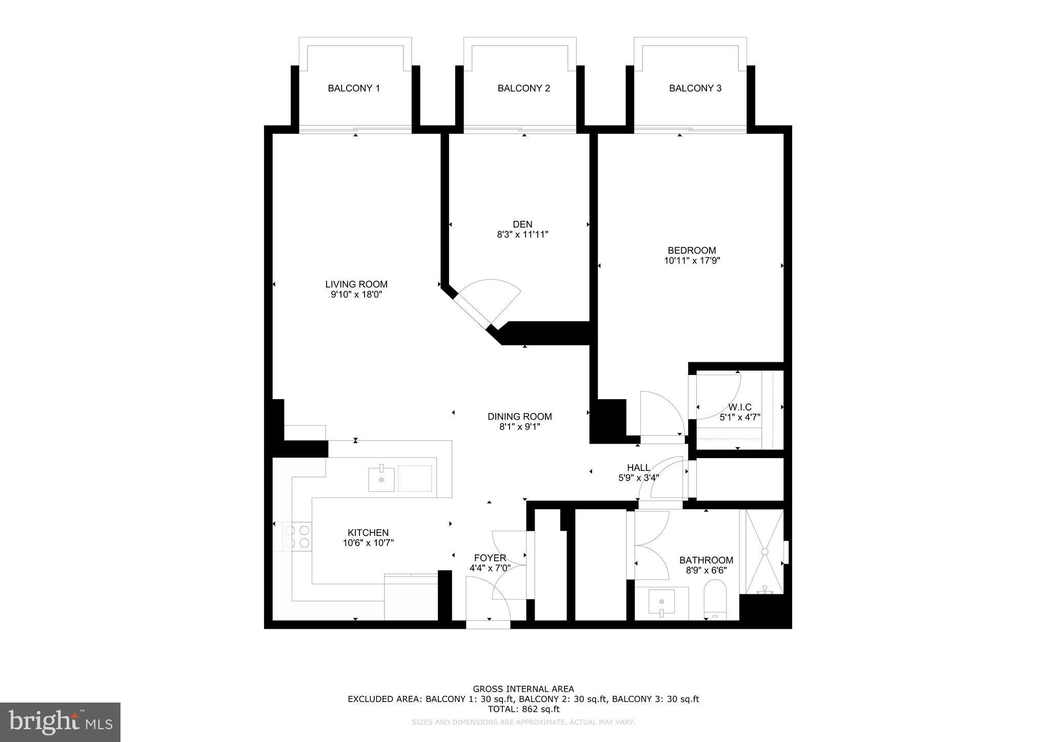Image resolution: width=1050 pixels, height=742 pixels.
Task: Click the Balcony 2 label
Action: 523,88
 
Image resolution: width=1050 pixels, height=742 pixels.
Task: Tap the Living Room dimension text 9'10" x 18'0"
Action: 356,295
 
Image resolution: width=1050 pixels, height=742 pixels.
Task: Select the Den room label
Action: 522,224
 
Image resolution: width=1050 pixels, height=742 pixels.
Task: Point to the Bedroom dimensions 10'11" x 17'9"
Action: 692,260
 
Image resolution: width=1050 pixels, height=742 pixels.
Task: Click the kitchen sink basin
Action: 381,479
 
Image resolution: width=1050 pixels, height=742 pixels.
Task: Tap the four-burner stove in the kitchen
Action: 297,537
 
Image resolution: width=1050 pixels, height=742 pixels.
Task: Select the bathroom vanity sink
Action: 661,602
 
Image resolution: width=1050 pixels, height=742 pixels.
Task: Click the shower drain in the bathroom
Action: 764,551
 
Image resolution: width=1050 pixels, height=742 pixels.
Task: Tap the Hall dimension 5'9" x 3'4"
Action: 638,478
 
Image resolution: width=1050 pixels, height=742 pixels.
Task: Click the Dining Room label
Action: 519,417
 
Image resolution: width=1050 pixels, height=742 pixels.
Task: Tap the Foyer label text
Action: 490,558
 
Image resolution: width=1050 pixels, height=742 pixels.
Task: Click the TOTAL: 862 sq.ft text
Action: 523,709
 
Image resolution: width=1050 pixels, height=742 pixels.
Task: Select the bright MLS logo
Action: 60,722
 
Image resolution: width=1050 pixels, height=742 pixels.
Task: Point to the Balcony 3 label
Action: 695,88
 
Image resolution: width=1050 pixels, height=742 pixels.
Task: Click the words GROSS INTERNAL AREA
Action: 523,689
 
